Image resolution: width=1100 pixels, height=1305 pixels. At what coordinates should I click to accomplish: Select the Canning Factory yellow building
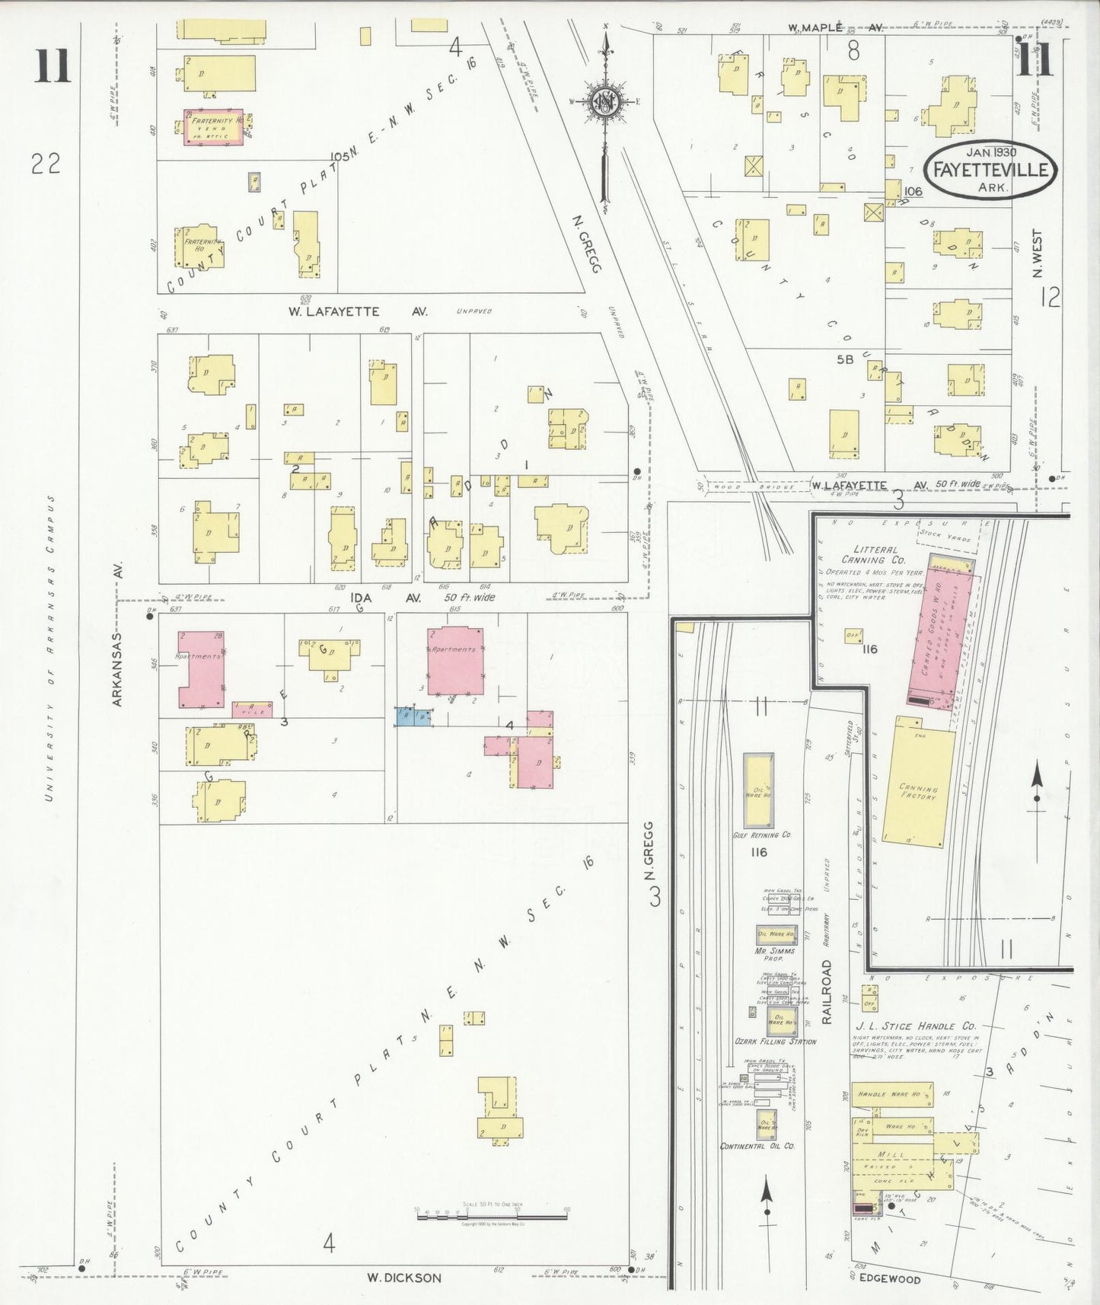(917, 784)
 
